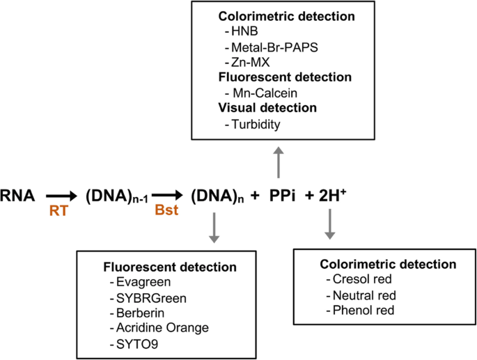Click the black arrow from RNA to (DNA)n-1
pos(60,197)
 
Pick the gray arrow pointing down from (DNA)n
pos(214,229)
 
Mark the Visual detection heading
pos(267,108)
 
